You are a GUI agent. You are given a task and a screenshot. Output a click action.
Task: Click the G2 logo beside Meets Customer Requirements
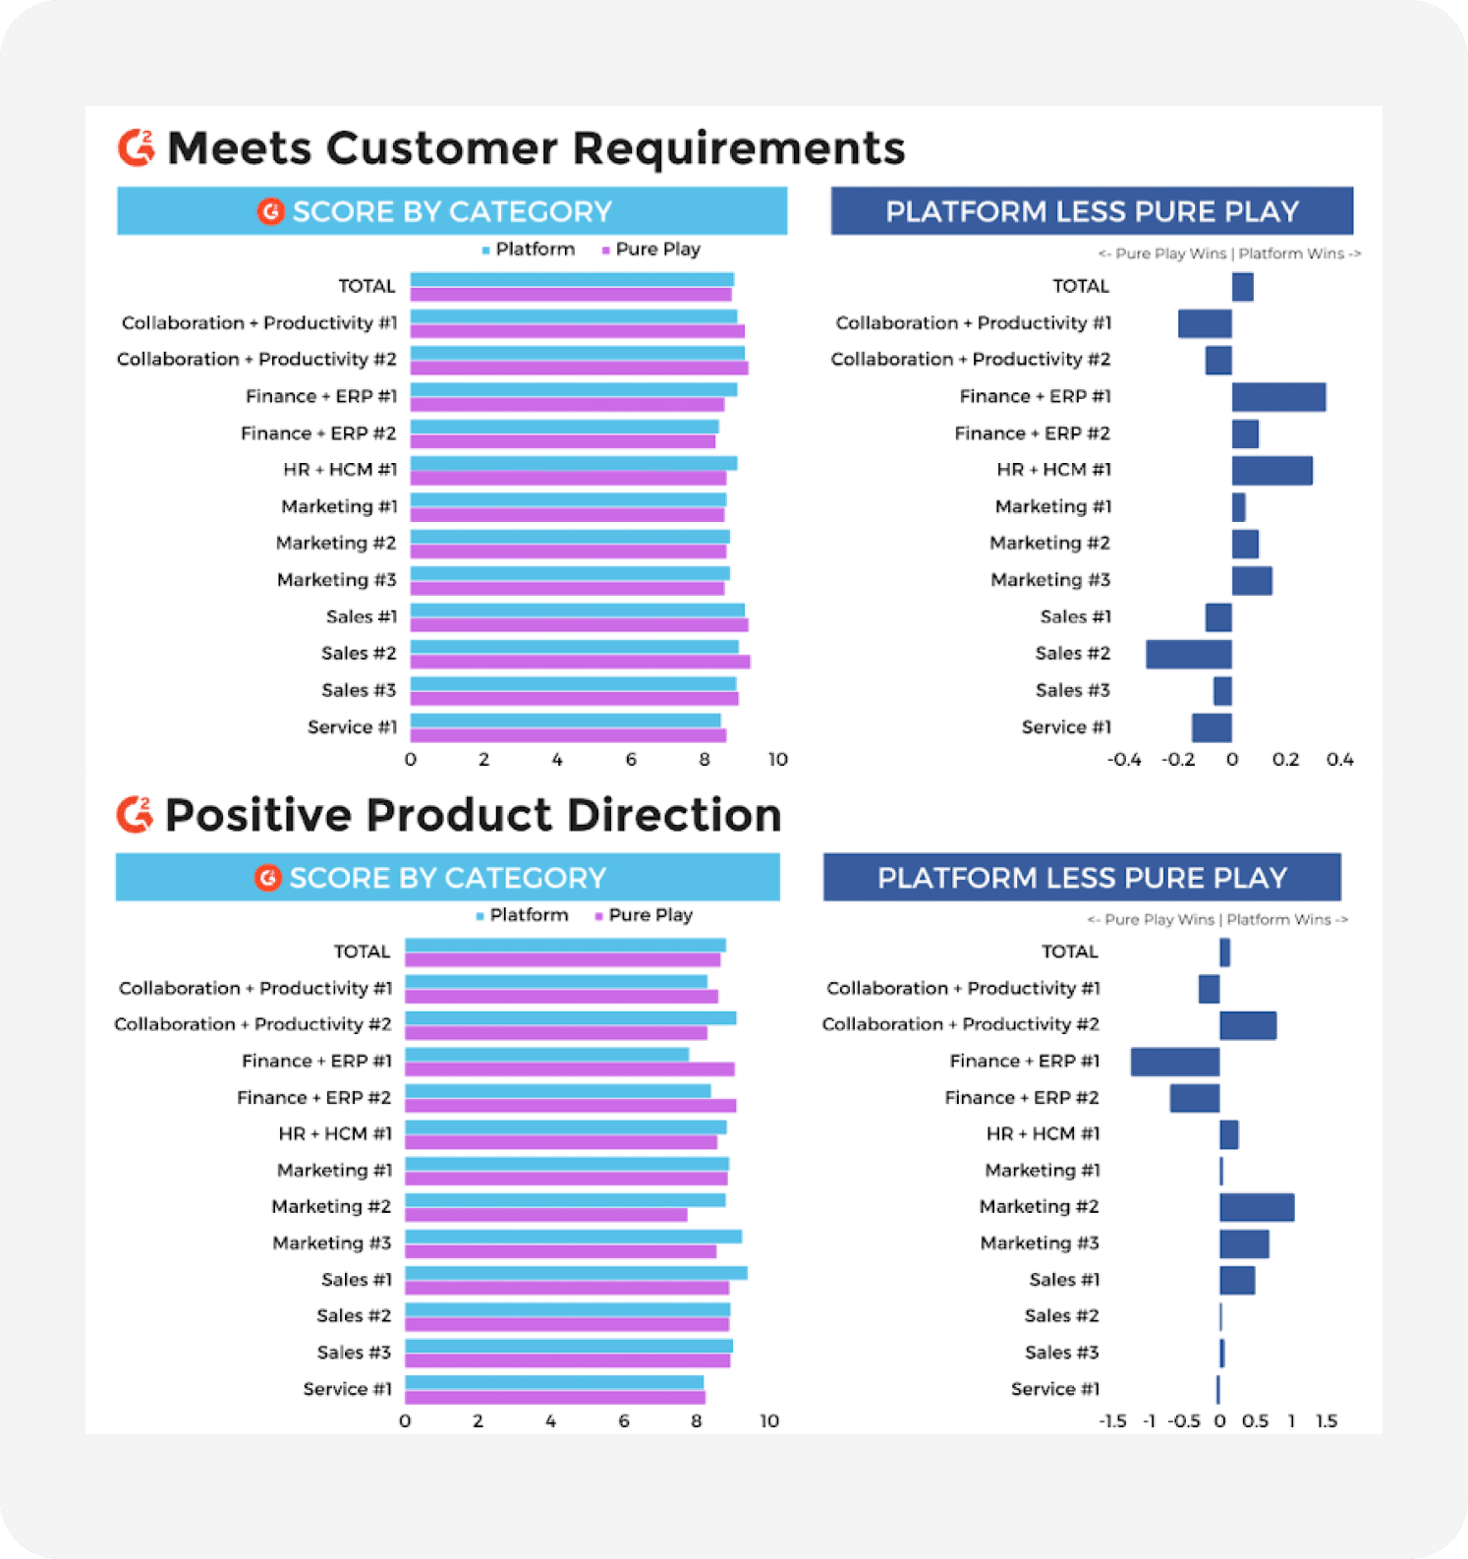click(x=137, y=147)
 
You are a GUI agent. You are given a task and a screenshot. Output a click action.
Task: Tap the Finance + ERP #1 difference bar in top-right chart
click(x=1278, y=397)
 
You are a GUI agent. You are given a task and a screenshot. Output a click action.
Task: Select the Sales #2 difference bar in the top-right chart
click(x=1188, y=655)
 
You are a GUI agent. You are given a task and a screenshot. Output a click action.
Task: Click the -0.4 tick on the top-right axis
click(x=1124, y=760)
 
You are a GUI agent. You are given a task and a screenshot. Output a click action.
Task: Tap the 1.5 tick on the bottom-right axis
click(x=1327, y=1421)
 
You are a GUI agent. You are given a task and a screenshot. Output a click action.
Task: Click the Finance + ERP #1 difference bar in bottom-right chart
click(x=1175, y=1062)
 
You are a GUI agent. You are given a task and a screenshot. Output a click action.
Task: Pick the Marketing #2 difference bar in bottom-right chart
click(x=1257, y=1207)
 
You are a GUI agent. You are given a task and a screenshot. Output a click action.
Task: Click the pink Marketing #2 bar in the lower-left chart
click(x=545, y=1215)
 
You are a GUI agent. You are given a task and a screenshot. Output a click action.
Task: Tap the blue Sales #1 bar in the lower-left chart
click(x=576, y=1273)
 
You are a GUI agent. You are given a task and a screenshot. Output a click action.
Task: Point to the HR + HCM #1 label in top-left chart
click(x=340, y=470)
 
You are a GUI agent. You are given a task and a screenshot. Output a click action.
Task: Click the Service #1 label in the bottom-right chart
click(x=1054, y=1389)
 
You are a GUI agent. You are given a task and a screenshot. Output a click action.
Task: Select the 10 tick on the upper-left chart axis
click(x=777, y=760)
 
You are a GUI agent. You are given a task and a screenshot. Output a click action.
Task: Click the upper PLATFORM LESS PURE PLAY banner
click(x=1092, y=211)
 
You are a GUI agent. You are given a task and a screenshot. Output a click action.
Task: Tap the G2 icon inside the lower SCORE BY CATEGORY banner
click(x=268, y=878)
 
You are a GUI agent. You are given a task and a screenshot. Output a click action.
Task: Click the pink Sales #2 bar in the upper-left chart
click(x=580, y=662)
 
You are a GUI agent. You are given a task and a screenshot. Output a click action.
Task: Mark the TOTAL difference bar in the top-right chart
click(x=1243, y=287)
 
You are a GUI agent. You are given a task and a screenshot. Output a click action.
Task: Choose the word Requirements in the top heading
click(x=738, y=148)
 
